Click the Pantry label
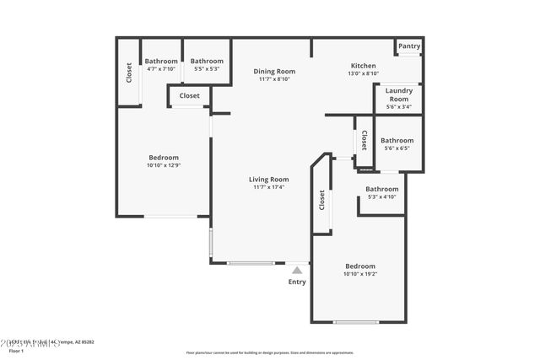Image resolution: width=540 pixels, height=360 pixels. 409,46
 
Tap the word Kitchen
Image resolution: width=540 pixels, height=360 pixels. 364,66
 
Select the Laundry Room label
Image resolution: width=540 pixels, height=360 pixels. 399,94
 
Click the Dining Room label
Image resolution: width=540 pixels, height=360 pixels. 274,71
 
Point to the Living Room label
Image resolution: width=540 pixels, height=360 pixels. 268,179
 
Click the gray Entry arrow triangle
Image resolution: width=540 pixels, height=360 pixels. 297,271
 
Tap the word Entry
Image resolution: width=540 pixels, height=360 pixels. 297,282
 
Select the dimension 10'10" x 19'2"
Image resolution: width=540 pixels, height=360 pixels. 360,274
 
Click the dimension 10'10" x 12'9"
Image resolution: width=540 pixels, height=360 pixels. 164,165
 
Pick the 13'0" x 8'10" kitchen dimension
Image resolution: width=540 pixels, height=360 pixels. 364,74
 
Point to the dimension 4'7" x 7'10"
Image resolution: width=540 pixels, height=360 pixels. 160,69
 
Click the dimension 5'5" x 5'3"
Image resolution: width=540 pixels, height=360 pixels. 207,69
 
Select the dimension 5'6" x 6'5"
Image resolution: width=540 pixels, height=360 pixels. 397,148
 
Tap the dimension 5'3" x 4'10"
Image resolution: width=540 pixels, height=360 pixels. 381,197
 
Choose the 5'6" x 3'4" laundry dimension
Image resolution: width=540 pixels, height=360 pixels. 399,107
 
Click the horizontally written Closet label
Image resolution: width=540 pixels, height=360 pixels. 190,96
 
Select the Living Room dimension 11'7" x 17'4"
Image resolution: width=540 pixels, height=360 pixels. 268,187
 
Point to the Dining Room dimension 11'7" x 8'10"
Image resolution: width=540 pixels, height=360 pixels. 274,79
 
